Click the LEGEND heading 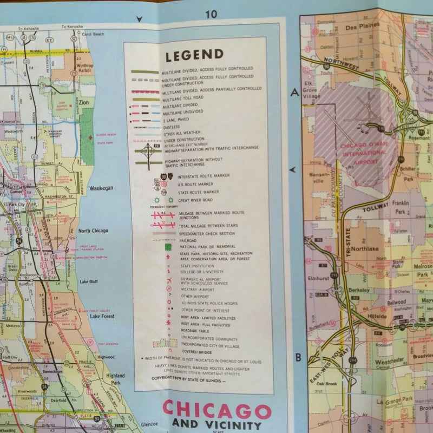(194, 54)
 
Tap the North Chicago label (93, 231)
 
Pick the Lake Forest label (101, 316)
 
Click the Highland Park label (115, 379)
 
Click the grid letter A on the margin (295, 93)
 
